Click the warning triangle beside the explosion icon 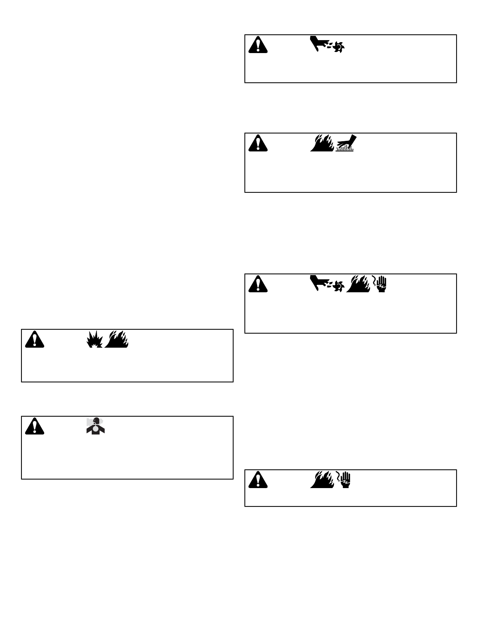coord(34,339)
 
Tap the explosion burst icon coord(95,339)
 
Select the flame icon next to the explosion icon coord(117,339)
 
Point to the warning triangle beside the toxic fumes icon coord(34,426)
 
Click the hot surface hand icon coord(344,143)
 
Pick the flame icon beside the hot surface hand coord(322,143)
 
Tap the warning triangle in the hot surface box coord(258,143)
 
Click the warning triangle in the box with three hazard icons coord(258,284)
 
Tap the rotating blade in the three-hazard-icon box coord(338,286)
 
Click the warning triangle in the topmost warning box coord(258,45)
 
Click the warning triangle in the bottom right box coord(258,480)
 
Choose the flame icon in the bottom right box coord(322,480)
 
